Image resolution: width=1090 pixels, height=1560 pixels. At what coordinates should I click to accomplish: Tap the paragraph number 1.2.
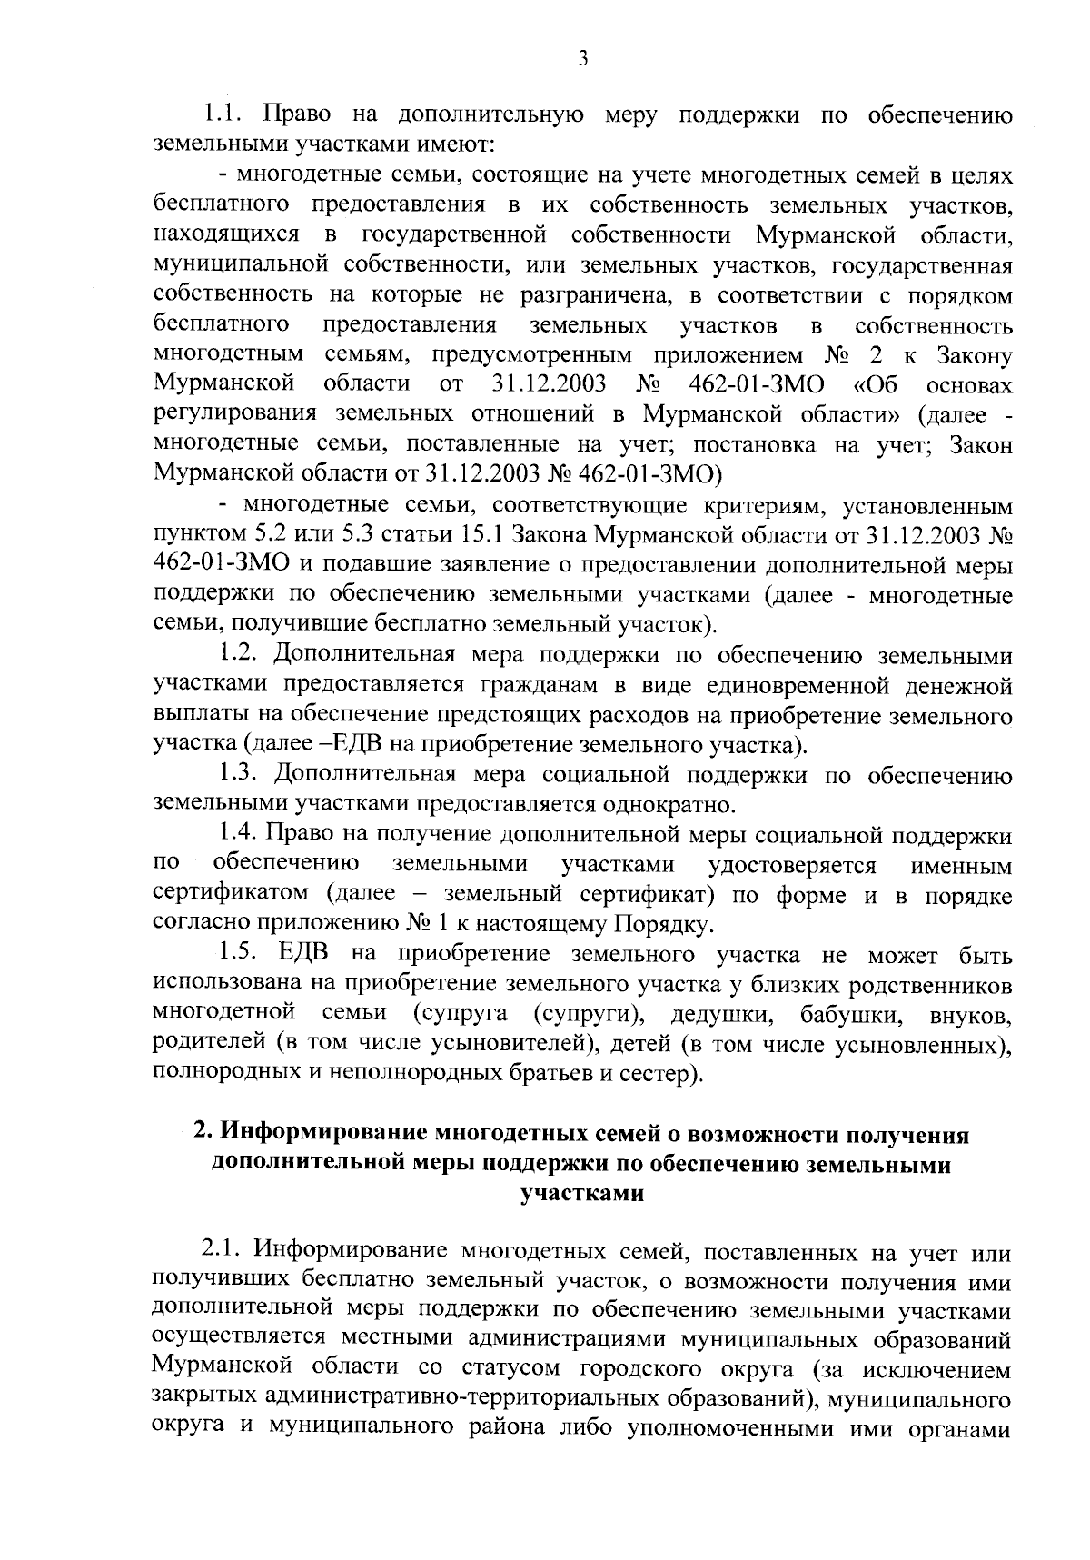239,653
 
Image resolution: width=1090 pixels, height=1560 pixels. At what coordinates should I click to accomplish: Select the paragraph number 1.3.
239,774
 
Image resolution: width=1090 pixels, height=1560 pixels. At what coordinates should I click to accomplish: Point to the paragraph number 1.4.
239,833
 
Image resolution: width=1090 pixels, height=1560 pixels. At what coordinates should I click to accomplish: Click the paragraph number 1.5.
239,955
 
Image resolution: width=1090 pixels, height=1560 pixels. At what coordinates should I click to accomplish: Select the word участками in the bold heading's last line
582,1193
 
